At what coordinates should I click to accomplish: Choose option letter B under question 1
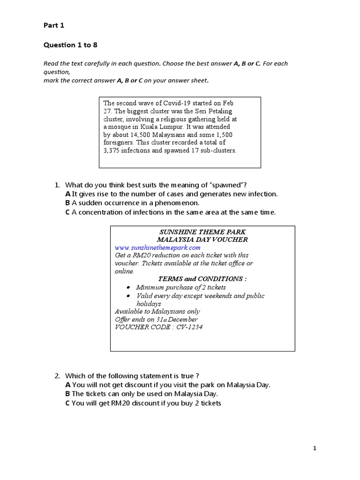[67, 203]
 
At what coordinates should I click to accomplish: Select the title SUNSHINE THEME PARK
[202, 232]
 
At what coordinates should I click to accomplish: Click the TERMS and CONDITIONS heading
[202, 279]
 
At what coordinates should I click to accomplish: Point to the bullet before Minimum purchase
[129, 287]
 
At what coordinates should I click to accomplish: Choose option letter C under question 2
[67, 403]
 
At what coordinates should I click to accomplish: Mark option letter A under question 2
[67, 385]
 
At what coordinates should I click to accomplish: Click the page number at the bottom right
[315, 449]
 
